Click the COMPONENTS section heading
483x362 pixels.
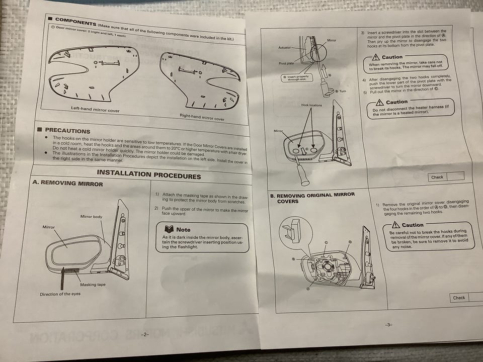[x=75, y=22]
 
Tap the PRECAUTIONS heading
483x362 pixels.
[x=67, y=131]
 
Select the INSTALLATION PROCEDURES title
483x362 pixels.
[x=149, y=174]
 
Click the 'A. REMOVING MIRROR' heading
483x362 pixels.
[x=68, y=183]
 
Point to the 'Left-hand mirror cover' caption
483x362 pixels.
[x=95, y=109]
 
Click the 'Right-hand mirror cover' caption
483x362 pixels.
[x=202, y=117]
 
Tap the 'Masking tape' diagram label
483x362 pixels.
[x=93, y=285]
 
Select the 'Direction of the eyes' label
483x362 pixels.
[x=60, y=294]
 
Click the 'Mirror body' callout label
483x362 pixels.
[x=91, y=217]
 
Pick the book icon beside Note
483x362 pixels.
[x=169, y=229]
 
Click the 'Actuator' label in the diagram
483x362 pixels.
[x=284, y=48]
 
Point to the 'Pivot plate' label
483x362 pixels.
[x=286, y=63]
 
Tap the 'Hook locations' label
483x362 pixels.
[x=311, y=105]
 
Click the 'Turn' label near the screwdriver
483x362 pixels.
[x=343, y=92]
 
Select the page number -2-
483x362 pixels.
[x=145, y=335]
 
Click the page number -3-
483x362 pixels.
[x=388, y=325]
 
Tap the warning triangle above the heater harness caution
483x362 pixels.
[x=379, y=102]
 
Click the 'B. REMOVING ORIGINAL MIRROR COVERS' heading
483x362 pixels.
[x=312, y=198]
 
